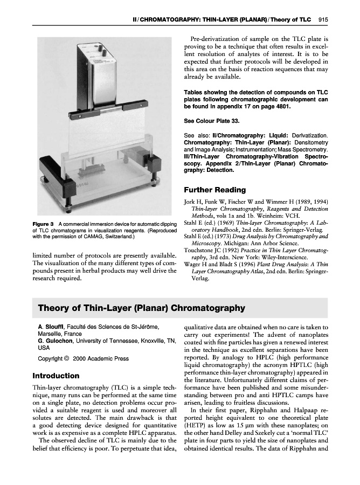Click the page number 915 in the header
(x=323, y=20)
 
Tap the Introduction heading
(x=56, y=375)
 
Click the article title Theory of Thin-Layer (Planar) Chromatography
(x=141, y=308)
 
